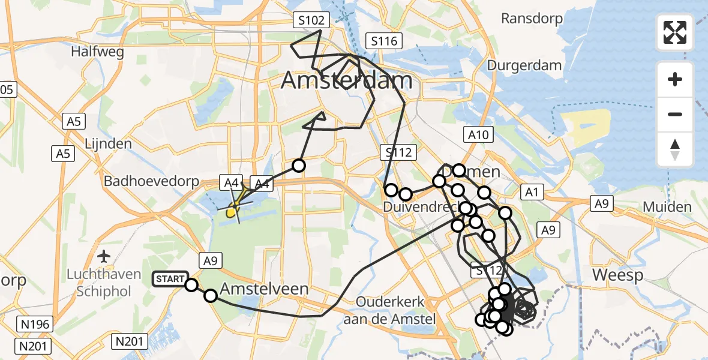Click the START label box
(170, 279)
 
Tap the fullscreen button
(675, 32)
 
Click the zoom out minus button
(675, 114)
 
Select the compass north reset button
(675, 149)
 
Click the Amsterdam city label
(347, 80)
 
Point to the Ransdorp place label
(532, 19)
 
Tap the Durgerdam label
(524, 65)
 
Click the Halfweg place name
(97, 52)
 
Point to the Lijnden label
(108, 144)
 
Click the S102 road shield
(312, 21)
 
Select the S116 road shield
(384, 41)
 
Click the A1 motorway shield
(531, 192)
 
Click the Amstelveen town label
(264, 289)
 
